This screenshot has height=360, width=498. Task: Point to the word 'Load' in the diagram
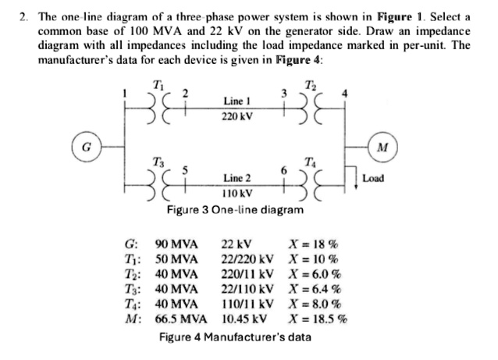pyautogui.click(x=373, y=178)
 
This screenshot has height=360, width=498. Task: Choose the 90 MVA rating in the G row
pyautogui.click(x=177, y=244)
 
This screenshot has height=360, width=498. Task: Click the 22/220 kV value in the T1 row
pyautogui.click(x=247, y=258)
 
